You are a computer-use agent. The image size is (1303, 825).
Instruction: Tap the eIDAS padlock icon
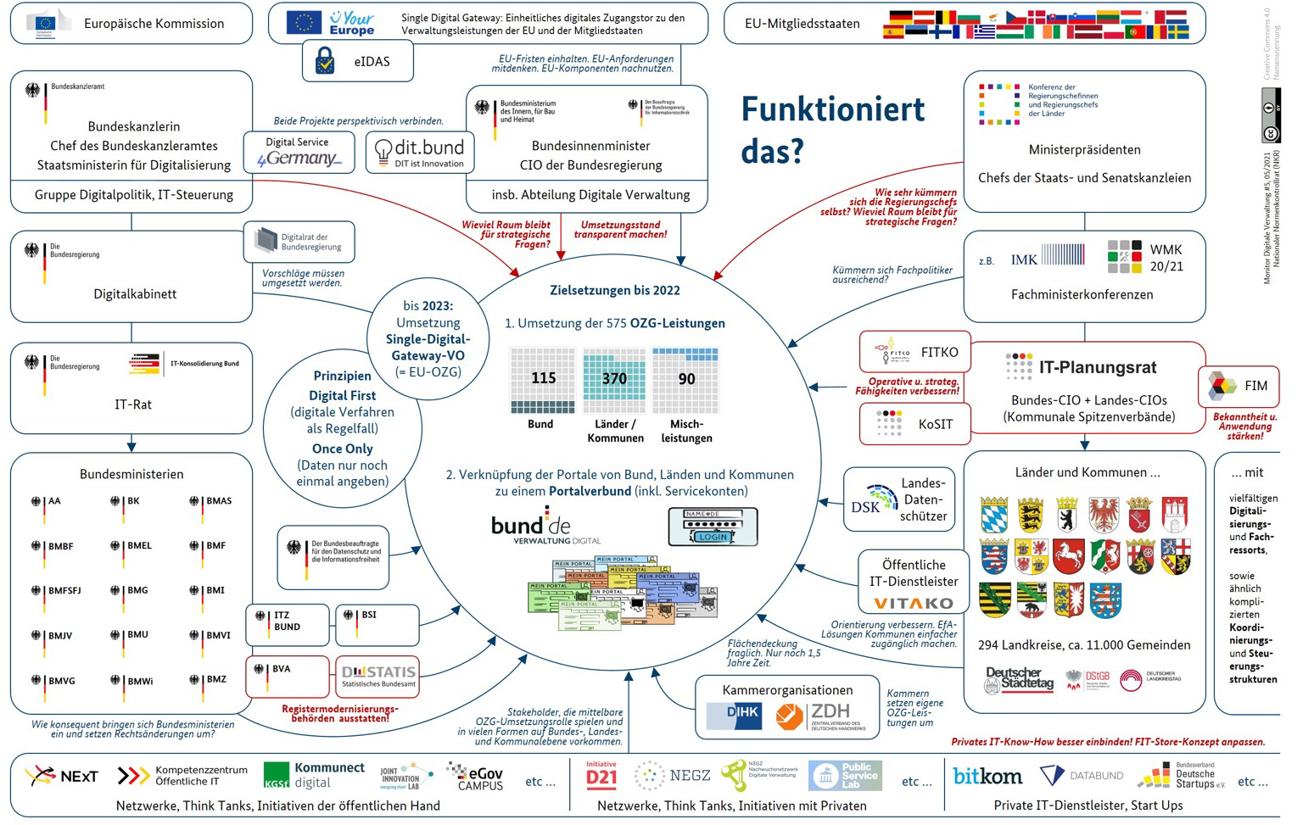click(325, 61)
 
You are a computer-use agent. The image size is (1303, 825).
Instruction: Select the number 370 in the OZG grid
click(614, 379)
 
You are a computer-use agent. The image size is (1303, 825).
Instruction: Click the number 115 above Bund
click(543, 378)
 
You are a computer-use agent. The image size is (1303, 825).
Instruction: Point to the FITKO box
click(914, 352)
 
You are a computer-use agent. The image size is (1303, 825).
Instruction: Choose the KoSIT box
click(914, 424)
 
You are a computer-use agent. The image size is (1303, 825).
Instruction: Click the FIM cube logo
click(1222, 386)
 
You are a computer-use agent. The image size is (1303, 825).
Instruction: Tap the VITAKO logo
click(914, 604)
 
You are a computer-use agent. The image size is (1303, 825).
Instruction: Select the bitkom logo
click(987, 776)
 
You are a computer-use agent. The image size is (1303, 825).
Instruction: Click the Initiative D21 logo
click(601, 775)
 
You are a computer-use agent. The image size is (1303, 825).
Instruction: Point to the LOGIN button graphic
click(713, 537)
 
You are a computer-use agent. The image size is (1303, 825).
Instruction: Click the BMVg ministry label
click(62, 681)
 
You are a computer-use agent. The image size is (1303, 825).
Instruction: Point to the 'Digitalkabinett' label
click(135, 294)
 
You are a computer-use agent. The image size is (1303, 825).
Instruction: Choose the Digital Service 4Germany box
click(299, 153)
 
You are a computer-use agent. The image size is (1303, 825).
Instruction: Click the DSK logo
click(865, 506)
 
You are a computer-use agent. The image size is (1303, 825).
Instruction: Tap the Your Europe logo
click(352, 23)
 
